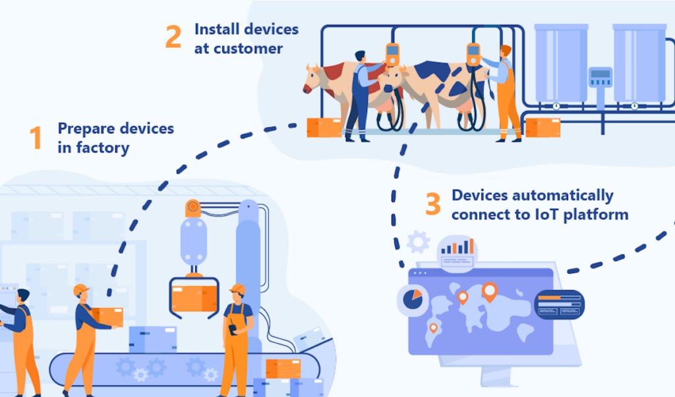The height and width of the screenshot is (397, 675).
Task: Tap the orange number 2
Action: (x=173, y=38)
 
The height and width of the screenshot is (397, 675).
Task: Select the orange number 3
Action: (x=432, y=204)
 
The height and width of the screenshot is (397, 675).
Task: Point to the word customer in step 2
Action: (x=247, y=49)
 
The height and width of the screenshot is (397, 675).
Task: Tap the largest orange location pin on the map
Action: (x=489, y=291)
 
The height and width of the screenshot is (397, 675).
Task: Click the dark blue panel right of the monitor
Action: (x=559, y=304)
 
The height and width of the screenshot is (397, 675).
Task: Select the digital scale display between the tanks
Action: (x=600, y=78)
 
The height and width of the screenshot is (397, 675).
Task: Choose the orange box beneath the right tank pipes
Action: (x=543, y=127)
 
